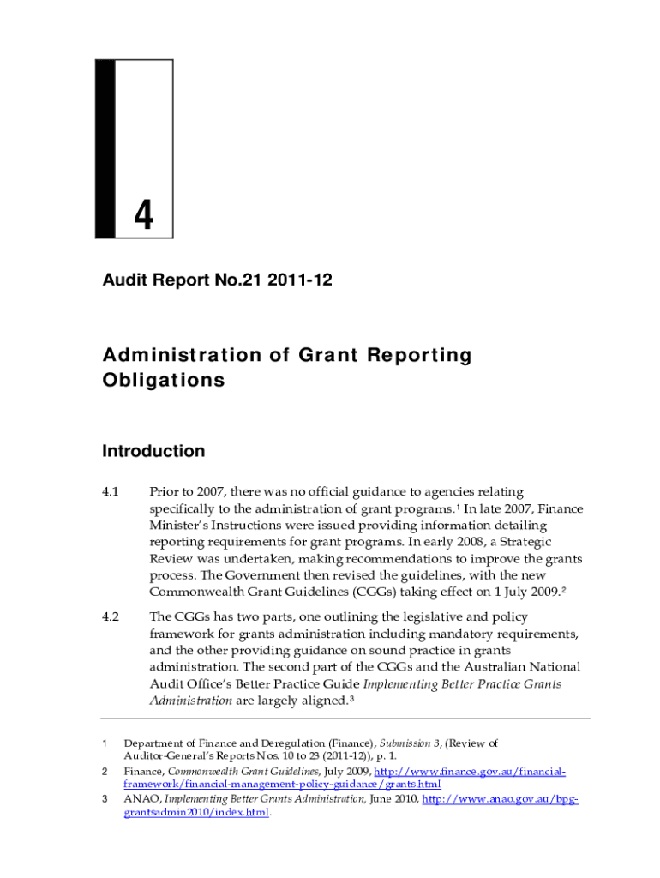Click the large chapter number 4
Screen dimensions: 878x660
[143, 215]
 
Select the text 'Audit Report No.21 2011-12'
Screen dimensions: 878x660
[217, 279]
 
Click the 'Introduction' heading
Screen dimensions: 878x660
[153, 451]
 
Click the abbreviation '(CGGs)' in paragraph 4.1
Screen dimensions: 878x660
[336, 592]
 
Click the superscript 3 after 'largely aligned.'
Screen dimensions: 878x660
[352, 698]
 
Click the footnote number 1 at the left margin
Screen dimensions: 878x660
[104, 743]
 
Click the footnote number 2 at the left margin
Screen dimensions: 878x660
[104, 773]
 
